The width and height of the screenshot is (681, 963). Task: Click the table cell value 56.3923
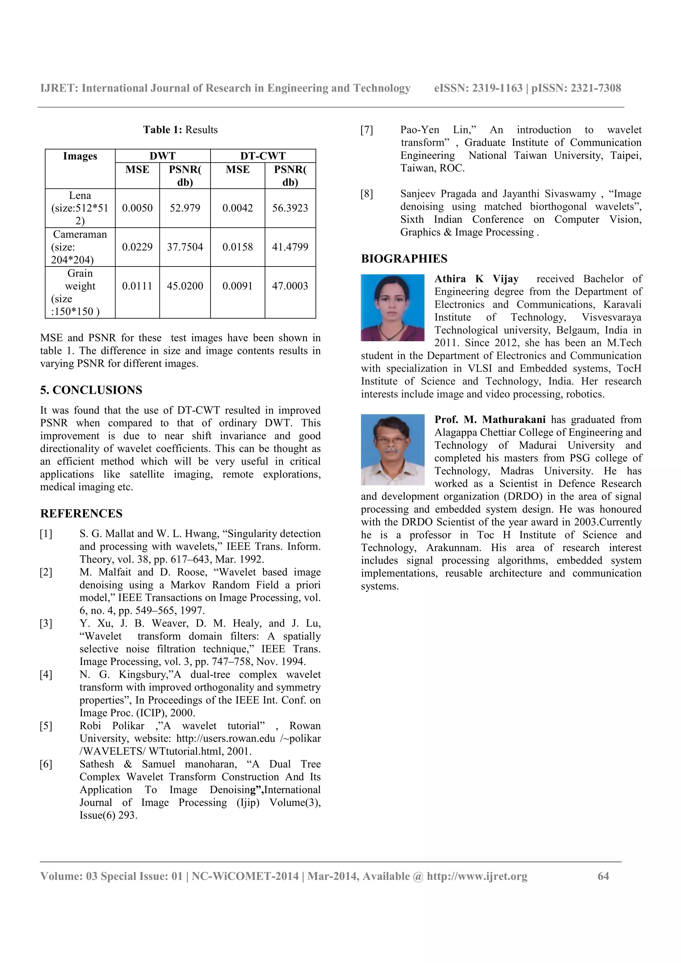[x=290, y=208]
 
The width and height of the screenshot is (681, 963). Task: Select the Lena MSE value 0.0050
[x=137, y=208]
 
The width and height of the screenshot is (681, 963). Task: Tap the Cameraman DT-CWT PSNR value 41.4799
[x=290, y=247]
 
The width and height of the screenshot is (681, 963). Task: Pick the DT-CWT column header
[x=263, y=156]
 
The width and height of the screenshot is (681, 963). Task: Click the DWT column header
[x=162, y=156]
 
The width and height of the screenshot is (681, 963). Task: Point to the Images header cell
[x=80, y=157]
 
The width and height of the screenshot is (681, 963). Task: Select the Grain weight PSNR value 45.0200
[x=185, y=286]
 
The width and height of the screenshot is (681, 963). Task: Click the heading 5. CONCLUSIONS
[x=91, y=390]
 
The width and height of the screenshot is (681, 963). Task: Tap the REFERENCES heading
[x=81, y=513]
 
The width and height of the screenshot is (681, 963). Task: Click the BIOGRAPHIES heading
[x=404, y=259]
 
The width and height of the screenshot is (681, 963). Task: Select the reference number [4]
[x=46, y=675]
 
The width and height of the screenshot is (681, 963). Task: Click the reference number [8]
[x=366, y=194]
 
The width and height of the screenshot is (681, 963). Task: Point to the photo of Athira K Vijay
[x=392, y=307]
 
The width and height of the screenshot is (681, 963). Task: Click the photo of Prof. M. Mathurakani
[x=392, y=450]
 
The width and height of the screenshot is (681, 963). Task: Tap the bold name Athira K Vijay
[x=476, y=279]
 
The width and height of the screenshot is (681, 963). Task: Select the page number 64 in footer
[x=603, y=876]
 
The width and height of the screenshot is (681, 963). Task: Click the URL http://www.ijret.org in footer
[x=477, y=876]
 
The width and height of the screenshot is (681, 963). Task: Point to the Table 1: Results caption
[x=181, y=130]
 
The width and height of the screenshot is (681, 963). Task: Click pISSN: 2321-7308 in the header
[x=576, y=88]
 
